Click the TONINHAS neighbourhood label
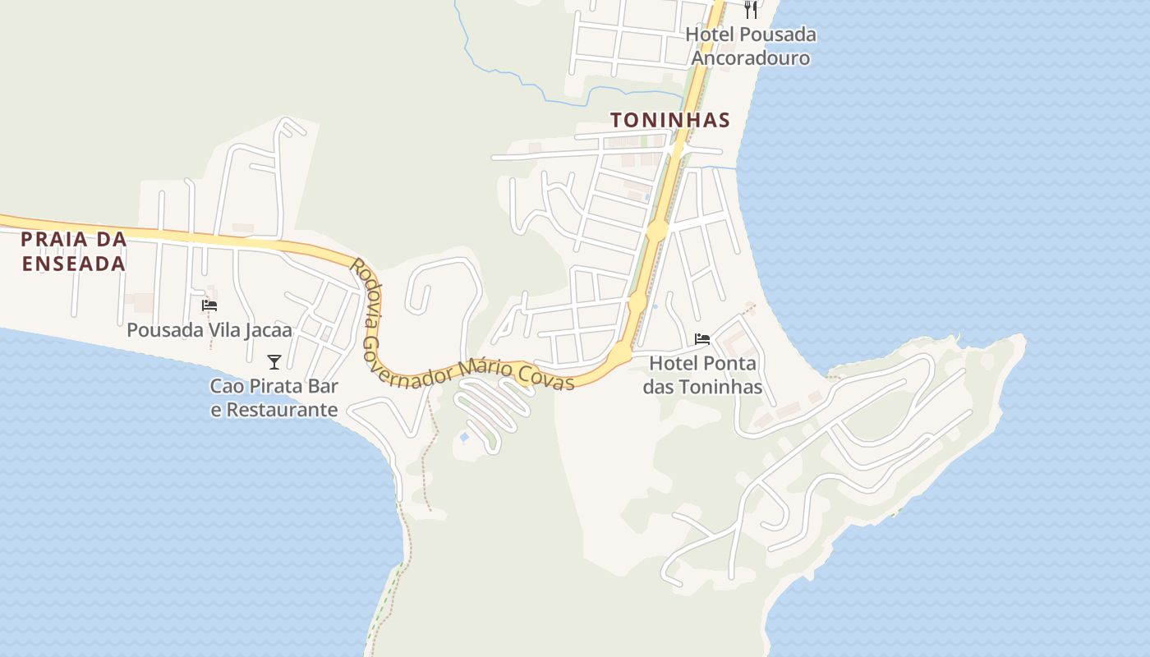(670, 120)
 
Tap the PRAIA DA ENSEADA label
(74, 251)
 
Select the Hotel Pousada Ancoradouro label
(750, 46)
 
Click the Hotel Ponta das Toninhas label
(702, 374)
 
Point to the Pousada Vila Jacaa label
(209, 330)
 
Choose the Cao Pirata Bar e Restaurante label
(274, 397)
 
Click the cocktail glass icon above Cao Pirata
(274, 361)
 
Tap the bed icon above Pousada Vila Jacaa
(209, 306)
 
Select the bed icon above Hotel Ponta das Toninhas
(702, 338)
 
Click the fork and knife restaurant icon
(750, 9)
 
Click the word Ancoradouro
(750, 58)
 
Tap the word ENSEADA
(74, 264)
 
